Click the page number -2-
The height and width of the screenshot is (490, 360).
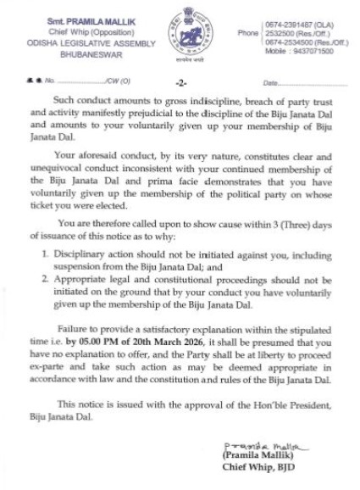pos(180,83)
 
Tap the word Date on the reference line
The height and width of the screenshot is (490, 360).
pos(273,83)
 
